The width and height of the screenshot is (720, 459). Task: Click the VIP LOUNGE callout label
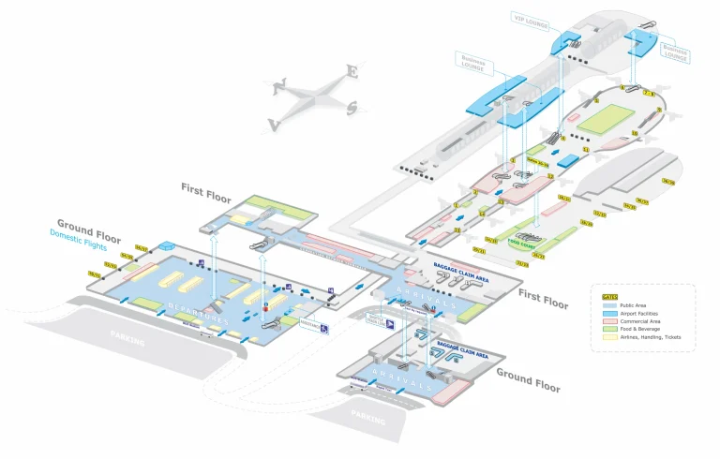click(x=532, y=18)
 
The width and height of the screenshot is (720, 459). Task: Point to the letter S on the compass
click(x=351, y=108)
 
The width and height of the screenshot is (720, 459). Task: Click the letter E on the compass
click(x=352, y=71)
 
